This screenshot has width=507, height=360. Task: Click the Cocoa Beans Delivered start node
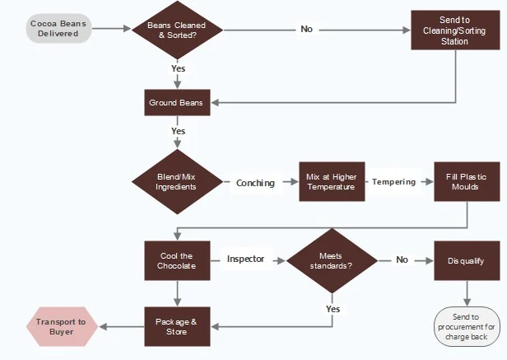[x=58, y=29]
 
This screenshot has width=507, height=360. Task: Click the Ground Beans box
[x=176, y=103]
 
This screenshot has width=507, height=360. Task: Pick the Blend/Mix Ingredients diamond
[x=176, y=181]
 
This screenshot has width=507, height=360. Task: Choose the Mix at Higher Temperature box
[x=331, y=181]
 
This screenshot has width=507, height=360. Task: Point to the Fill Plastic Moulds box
[x=467, y=181]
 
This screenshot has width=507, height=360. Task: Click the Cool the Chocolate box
[x=176, y=260]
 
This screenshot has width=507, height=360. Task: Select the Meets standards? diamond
[x=332, y=260]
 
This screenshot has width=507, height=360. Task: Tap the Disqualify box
[x=467, y=260]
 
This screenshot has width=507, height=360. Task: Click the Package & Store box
[x=176, y=326]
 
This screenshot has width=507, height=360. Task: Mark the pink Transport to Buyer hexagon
[x=63, y=326]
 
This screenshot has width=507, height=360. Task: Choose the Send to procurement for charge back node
[x=467, y=326]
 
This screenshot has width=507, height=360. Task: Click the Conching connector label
[x=255, y=183]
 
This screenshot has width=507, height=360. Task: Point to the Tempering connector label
[x=393, y=181]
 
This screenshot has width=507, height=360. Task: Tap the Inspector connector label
[x=246, y=259]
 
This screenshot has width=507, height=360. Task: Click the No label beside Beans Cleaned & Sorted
[x=307, y=29]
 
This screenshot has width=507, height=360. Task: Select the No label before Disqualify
[x=402, y=259]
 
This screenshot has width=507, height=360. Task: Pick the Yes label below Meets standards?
[x=333, y=309]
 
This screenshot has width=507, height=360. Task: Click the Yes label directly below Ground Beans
[x=178, y=131]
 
